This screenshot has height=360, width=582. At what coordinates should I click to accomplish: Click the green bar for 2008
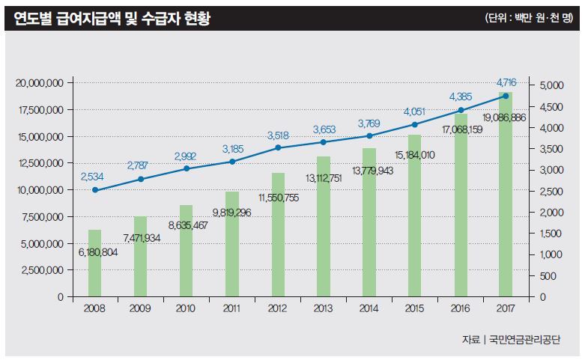coord(94,263)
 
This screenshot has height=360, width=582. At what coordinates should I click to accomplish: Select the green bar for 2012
coord(278,235)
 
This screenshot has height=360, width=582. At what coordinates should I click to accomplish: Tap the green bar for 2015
coord(414,216)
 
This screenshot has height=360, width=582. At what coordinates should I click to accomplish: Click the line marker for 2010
coord(187,168)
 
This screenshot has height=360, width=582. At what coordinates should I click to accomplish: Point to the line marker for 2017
coord(506,96)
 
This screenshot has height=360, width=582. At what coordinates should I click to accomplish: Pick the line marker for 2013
coord(324,142)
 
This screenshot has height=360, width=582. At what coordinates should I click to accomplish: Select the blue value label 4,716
coord(506,81)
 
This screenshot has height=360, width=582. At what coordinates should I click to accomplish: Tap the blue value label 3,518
coord(278,135)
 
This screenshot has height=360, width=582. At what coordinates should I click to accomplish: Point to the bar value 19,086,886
coord(503,118)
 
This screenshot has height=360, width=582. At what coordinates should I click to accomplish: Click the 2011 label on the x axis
coord(232,308)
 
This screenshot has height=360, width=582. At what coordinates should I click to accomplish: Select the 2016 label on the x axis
coord(461,308)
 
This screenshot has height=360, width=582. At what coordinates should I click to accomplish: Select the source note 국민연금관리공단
coord(524,338)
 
